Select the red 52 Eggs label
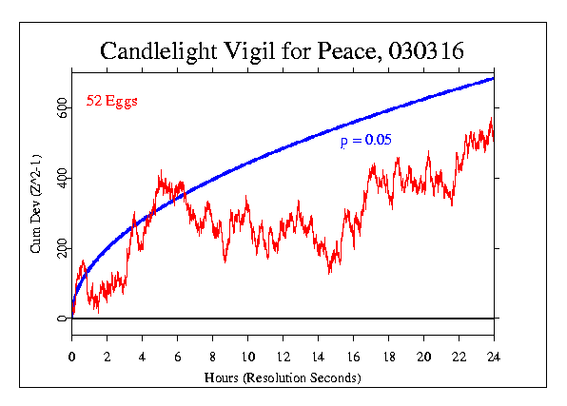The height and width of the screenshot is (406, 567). pos(111,101)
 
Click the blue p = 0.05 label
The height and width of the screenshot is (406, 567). pos(366,141)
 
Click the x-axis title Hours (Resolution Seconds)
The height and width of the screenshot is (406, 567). pos(283,377)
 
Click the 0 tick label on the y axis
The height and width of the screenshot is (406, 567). pos(62,319)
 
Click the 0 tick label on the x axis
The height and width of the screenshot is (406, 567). pos(72,357)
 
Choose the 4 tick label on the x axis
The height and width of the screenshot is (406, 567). pos(143,357)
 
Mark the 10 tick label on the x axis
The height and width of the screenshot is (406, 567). pos(247,357)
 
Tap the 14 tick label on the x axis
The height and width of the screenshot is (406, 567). pos(318,357)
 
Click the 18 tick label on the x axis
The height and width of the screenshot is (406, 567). pos(388,357)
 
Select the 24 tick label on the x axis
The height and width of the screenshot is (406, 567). pos(494,357)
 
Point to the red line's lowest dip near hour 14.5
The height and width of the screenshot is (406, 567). pos(329,272)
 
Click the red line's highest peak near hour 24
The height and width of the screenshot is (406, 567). pos(491,119)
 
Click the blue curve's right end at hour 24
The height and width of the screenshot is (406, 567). pos(494,78)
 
